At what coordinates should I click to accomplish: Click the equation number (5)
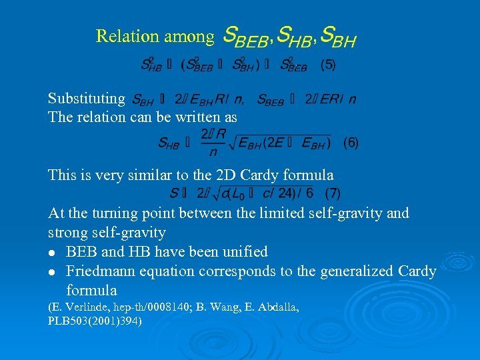[328, 65]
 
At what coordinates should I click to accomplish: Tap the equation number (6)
[351, 143]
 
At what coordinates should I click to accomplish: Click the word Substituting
[87, 99]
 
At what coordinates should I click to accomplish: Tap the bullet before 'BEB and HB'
[53, 253]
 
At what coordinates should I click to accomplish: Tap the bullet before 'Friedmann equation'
[53, 272]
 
